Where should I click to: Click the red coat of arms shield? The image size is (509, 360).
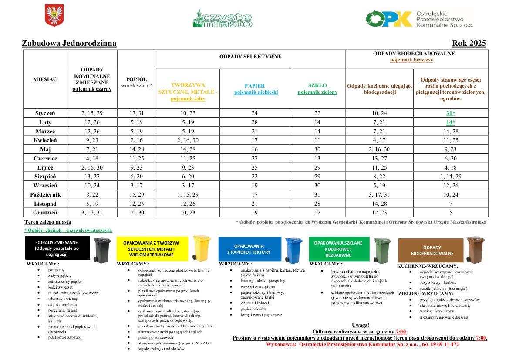click(54, 16)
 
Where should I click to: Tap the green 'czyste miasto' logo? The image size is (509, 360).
click(222, 18)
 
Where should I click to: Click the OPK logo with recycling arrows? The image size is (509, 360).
click(389, 19)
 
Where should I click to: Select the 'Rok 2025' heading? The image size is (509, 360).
click(469, 43)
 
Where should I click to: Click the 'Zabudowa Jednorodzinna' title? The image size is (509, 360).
click(69, 43)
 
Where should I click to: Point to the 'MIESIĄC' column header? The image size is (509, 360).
click(45, 79)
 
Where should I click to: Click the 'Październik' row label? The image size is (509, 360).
click(45, 194)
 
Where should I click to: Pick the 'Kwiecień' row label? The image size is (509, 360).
click(45, 140)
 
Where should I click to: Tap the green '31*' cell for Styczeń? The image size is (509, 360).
click(450, 113)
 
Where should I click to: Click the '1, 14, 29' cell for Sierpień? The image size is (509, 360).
click(450, 177)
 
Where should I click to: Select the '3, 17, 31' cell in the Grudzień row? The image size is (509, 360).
click(92, 213)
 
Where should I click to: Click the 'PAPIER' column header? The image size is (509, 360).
click(254, 86)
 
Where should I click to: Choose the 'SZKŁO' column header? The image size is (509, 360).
click(317, 85)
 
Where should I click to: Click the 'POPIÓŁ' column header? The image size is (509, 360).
click(136, 79)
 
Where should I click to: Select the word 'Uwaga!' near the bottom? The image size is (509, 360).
click(361, 325)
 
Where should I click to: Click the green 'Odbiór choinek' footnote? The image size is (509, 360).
click(68, 230)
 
